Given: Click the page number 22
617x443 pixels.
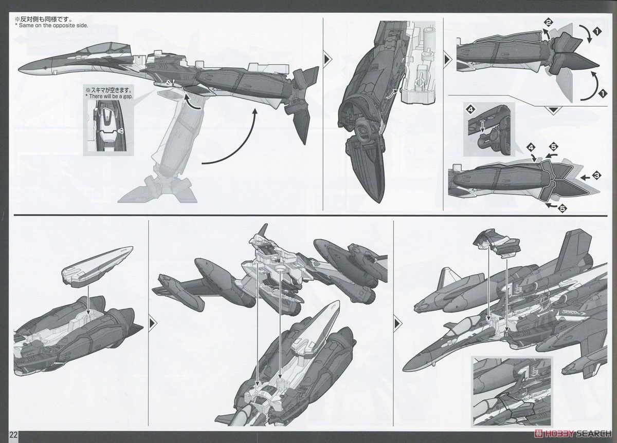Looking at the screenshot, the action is click(x=14, y=435).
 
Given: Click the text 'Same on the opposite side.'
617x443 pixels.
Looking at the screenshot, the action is click(x=53, y=26).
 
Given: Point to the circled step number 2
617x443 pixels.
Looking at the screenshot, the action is click(x=549, y=23).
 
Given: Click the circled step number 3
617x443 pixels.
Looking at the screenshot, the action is click(x=596, y=176).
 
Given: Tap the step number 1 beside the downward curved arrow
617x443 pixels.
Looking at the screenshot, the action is click(x=597, y=32).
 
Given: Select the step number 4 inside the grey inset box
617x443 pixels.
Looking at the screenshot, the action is click(x=471, y=109).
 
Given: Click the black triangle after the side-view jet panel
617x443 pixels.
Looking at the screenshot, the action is click(x=328, y=59).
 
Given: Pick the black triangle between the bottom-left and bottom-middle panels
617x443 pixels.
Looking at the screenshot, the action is click(x=152, y=323).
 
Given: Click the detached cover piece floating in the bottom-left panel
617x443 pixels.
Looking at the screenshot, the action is click(x=97, y=267).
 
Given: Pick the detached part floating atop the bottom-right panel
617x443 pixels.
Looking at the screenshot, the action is click(x=496, y=243).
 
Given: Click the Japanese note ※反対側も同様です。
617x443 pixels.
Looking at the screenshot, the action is click(x=44, y=20).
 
